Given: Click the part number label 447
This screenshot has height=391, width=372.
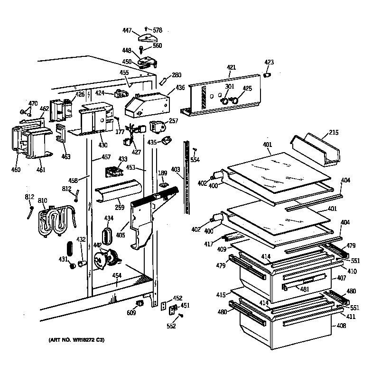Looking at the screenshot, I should [x=127, y=30].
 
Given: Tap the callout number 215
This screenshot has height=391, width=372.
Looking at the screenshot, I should [x=334, y=133].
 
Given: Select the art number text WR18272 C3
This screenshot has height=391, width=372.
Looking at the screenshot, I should [x=76, y=340].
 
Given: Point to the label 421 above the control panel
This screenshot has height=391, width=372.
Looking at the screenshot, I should [x=231, y=68].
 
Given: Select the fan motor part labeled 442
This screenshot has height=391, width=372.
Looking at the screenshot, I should [x=108, y=260].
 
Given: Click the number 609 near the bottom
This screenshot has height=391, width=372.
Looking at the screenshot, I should [x=130, y=313].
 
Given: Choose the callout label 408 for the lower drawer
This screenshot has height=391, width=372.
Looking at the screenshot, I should [x=341, y=326].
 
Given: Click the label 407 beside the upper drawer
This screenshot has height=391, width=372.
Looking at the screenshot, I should [x=342, y=278].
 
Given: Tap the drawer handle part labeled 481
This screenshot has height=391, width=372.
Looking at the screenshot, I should [x=285, y=287].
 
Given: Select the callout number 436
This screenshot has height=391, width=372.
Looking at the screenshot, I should [x=180, y=88].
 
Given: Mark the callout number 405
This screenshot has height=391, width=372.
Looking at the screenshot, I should [x=121, y=235].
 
